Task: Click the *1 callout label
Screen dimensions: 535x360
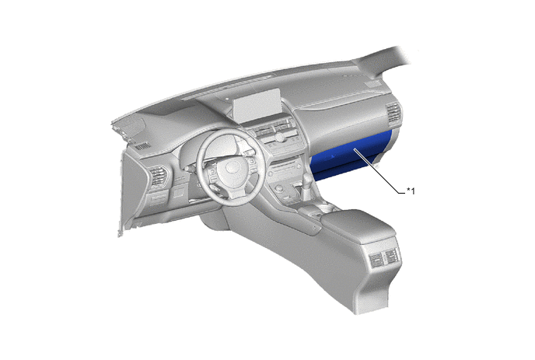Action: pyautogui.click(x=411, y=191)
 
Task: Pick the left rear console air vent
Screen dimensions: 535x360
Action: pyautogui.click(x=376, y=259)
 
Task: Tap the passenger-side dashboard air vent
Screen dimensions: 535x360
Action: pyautogui.click(x=393, y=112)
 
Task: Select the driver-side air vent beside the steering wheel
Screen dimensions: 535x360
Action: pyautogui.click(x=159, y=176)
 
